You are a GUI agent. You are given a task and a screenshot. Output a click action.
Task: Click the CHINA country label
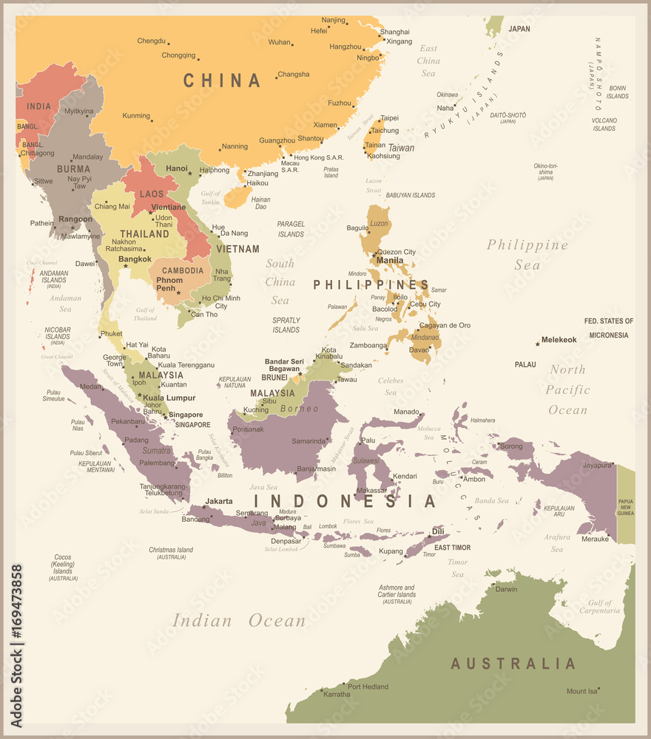(x=222, y=81)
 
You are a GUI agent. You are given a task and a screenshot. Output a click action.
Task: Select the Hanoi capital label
(x=177, y=168)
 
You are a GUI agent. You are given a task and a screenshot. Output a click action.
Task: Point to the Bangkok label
(x=135, y=259)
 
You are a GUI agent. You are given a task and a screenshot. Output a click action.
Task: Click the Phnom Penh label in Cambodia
(x=169, y=285)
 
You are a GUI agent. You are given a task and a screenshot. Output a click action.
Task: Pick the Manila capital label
(x=390, y=260)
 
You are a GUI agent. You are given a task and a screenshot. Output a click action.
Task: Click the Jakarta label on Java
(x=219, y=501)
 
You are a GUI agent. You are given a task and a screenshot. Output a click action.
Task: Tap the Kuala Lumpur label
(x=169, y=398)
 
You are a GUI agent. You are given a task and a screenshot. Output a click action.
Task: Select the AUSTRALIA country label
(x=513, y=663)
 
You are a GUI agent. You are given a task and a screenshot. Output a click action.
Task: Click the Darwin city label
(x=507, y=589)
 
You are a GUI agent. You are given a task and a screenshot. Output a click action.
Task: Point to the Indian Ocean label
(x=239, y=621)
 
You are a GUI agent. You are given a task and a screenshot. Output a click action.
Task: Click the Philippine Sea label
(x=527, y=254)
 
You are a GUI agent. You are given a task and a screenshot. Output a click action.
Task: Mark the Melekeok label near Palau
(x=559, y=340)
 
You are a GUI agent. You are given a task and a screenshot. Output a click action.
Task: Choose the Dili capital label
(x=438, y=531)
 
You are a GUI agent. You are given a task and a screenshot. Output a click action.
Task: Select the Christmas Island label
(x=171, y=553)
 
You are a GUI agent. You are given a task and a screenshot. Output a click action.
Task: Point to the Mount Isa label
(x=581, y=692)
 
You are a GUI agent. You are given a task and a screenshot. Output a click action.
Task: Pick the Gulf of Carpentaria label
(x=600, y=607)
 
